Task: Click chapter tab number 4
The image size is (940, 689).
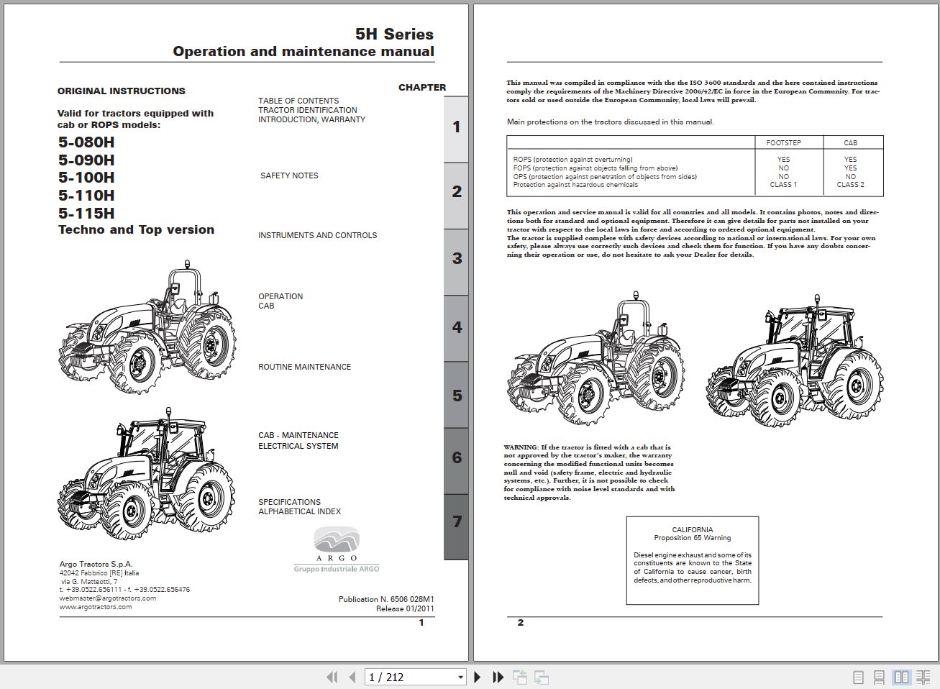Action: point(457,327)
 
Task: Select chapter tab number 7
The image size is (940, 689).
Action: point(457,522)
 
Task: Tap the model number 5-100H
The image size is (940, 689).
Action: point(86,178)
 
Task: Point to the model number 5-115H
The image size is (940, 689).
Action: point(86,214)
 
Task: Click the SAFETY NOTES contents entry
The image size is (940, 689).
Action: point(289,175)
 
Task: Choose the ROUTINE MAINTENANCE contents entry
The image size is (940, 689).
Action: point(304,367)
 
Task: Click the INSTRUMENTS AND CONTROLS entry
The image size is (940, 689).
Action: point(317,235)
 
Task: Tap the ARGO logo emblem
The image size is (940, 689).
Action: point(337,540)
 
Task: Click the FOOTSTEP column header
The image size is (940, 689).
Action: point(783,143)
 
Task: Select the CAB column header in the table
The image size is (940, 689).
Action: point(850,143)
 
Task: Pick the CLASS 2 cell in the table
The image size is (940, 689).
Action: point(850,185)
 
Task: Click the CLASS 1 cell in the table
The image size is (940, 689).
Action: point(783,185)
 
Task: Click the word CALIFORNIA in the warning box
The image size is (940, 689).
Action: point(692,529)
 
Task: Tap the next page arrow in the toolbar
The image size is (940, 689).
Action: point(477,677)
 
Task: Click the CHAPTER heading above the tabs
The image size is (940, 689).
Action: point(422,88)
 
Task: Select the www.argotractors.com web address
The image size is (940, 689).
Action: point(96,607)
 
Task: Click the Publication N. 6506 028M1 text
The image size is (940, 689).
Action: point(386,599)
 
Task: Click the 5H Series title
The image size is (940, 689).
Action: point(394,34)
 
